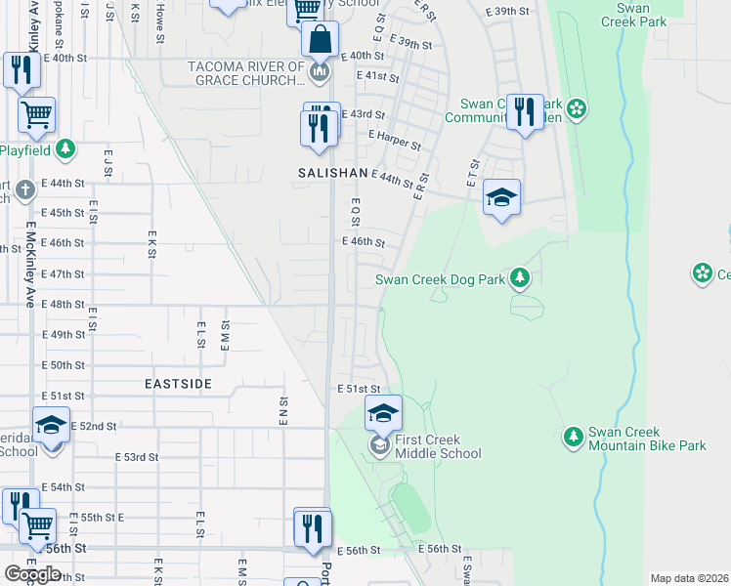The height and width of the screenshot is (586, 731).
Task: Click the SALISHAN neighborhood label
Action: [332, 172]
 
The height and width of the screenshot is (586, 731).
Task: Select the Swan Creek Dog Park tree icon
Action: [521, 279]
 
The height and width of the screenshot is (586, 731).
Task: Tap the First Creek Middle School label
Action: [437, 446]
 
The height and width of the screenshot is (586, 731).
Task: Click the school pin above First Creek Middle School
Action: [383, 414]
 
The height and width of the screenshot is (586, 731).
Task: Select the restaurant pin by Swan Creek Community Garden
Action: [525, 112]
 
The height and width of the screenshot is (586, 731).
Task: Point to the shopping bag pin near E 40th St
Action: [320, 41]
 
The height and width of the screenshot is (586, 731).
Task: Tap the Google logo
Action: [32, 574]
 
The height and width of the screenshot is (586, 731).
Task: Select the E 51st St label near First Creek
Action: [357, 389]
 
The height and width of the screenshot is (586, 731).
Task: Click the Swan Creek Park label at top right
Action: [633, 14]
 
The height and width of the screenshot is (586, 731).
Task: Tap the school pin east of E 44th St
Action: [501, 199]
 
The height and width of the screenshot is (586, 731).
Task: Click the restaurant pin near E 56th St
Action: [312, 528]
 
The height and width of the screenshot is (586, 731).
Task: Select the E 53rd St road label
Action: [136, 456]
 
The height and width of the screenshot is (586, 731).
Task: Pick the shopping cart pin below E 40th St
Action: [37, 115]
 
